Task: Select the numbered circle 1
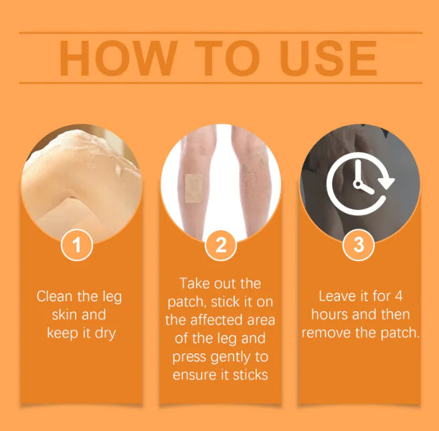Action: pyautogui.click(x=77, y=245)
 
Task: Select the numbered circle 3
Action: pyautogui.click(x=359, y=245)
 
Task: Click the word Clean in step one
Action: pyautogui.click(x=56, y=296)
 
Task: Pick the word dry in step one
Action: pyautogui.click(x=103, y=333)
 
